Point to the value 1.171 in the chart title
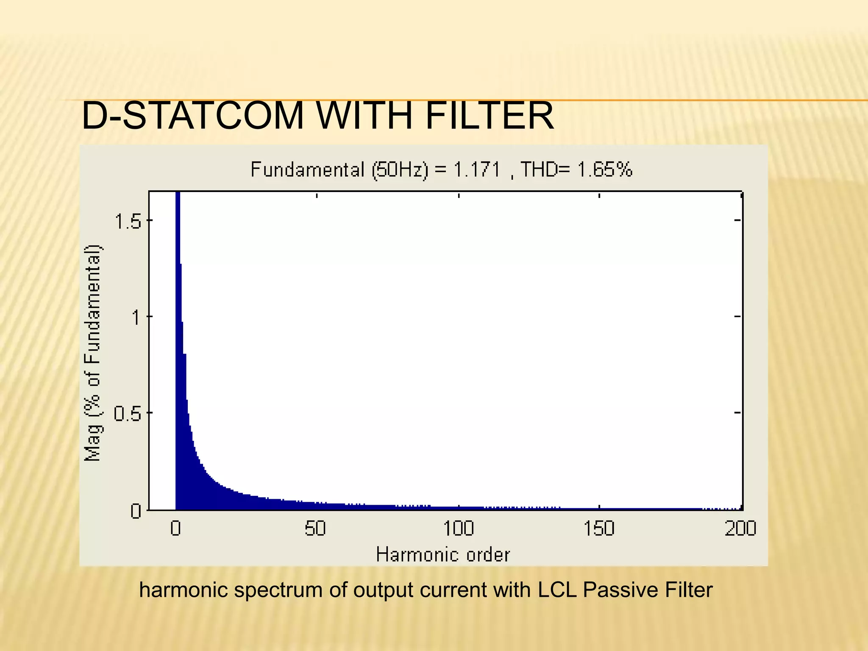477,170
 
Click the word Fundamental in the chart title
307,170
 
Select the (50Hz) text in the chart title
401,170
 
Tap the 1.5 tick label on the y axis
128,221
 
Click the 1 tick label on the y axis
136,317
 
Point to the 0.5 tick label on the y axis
127,413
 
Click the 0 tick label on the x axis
175,529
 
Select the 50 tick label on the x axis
315,529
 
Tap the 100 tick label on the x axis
458,529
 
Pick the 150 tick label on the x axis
598,529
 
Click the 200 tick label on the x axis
740,529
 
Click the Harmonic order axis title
443,555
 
